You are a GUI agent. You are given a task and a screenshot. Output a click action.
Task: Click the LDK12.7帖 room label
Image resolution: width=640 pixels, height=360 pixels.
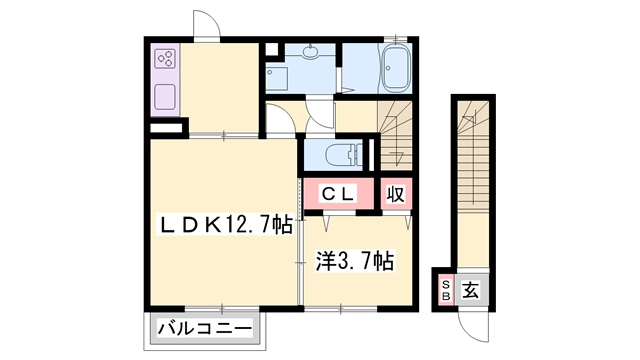tap(226, 225)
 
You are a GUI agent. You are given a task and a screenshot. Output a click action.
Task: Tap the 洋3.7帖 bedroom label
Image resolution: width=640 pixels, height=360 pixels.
tap(355, 261)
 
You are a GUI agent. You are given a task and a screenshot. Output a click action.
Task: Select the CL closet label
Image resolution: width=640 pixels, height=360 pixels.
tap(338, 193)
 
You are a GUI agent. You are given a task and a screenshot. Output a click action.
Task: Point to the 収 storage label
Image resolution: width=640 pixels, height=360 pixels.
tap(396, 194)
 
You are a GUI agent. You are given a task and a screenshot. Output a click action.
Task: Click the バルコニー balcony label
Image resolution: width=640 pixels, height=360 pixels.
tap(205, 329)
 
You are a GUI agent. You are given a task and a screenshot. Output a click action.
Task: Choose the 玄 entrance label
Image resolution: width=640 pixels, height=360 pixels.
tap(471, 290)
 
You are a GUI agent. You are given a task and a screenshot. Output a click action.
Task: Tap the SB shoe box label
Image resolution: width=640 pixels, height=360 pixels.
tap(446, 290)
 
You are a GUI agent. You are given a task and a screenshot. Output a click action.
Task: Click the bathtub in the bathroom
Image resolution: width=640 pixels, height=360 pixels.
tap(396, 68)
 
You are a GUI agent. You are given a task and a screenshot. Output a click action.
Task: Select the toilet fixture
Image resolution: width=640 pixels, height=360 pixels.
tap(344, 156)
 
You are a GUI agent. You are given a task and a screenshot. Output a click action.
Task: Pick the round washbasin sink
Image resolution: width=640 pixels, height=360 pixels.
tap(311, 52)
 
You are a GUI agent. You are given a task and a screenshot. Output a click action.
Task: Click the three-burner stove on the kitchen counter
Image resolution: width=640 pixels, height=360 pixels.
tap(166, 59)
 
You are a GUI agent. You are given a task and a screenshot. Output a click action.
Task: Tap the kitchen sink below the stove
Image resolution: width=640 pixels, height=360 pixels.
tap(165, 97)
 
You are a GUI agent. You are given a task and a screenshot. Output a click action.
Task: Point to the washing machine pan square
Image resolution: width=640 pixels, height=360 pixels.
tap(277, 78)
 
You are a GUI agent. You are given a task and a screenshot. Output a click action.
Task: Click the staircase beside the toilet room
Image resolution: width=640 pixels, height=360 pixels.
tap(395, 135)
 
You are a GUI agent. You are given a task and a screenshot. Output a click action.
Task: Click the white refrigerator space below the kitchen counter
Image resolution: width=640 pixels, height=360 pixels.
tap(166, 128)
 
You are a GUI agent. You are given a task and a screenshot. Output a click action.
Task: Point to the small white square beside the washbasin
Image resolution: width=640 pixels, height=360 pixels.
tap(271, 49)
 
